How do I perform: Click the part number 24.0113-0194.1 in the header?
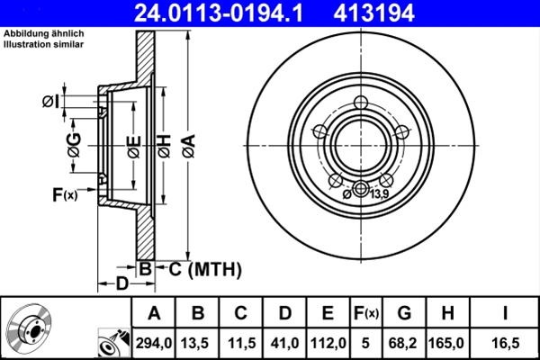point(219,13)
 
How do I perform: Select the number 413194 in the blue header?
point(373,13)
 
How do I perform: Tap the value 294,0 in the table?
point(154,343)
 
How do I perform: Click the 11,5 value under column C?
point(241,343)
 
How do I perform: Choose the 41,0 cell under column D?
point(284,343)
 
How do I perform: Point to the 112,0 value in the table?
point(328,343)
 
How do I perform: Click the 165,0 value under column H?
point(446,343)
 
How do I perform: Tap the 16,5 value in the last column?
point(505,343)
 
